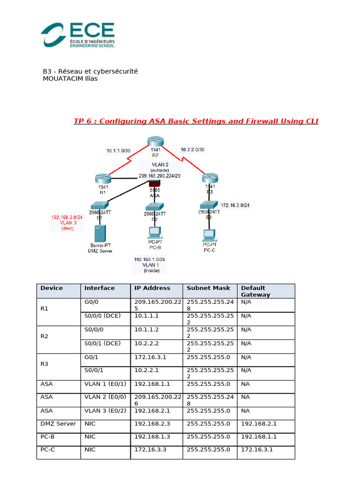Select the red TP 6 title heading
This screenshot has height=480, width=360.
[x=196, y=121]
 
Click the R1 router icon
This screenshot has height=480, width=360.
[x=101, y=178]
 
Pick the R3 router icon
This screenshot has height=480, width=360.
[x=210, y=179]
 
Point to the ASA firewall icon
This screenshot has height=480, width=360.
[x=155, y=183]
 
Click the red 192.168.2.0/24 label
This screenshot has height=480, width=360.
[x=67, y=217]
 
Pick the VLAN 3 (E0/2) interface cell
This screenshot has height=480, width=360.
[x=105, y=411]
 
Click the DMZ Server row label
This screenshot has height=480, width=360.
[x=58, y=424]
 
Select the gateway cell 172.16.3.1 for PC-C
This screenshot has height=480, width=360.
[x=257, y=450]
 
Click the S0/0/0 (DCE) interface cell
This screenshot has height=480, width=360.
[x=102, y=315]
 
